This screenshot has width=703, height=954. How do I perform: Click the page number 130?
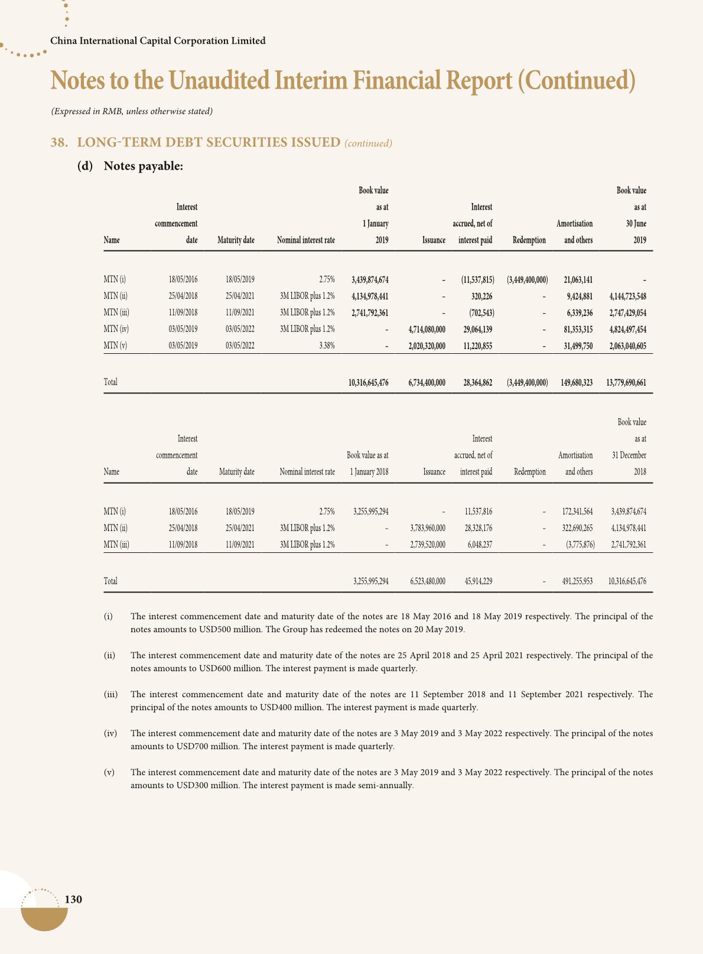pyautogui.click(x=73, y=899)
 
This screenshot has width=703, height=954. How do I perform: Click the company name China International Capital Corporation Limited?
pyautogui.click(x=158, y=41)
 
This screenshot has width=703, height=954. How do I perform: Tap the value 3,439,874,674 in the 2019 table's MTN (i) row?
pyautogui.click(x=369, y=279)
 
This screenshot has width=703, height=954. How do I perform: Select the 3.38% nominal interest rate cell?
pyautogui.click(x=327, y=346)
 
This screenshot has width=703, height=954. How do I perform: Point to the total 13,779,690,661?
pyautogui.click(x=626, y=383)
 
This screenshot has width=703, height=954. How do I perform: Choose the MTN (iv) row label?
pyautogui.click(x=116, y=330)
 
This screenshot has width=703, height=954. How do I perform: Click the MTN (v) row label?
pyautogui.click(x=115, y=346)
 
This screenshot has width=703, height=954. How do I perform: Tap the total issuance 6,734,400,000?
pyautogui.click(x=427, y=383)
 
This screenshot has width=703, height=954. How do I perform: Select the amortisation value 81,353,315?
pyautogui.click(x=574, y=330)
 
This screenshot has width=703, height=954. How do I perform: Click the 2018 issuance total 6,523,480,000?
pyautogui.click(x=428, y=581)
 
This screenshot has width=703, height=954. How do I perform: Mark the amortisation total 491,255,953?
pyautogui.click(x=577, y=581)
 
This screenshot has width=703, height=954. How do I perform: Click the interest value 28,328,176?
pyautogui.click(x=478, y=528)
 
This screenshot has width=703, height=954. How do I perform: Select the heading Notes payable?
pyautogui.click(x=144, y=166)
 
